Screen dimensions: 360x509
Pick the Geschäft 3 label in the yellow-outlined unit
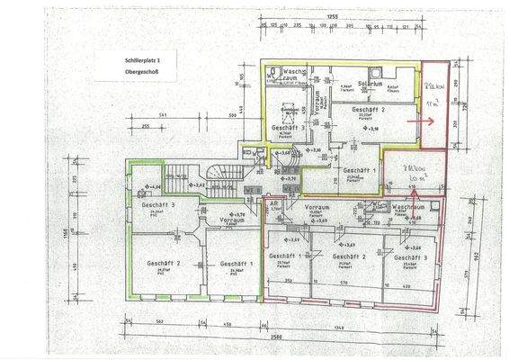(x=287, y=128)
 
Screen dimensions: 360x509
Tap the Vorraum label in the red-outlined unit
(x=317, y=208)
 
